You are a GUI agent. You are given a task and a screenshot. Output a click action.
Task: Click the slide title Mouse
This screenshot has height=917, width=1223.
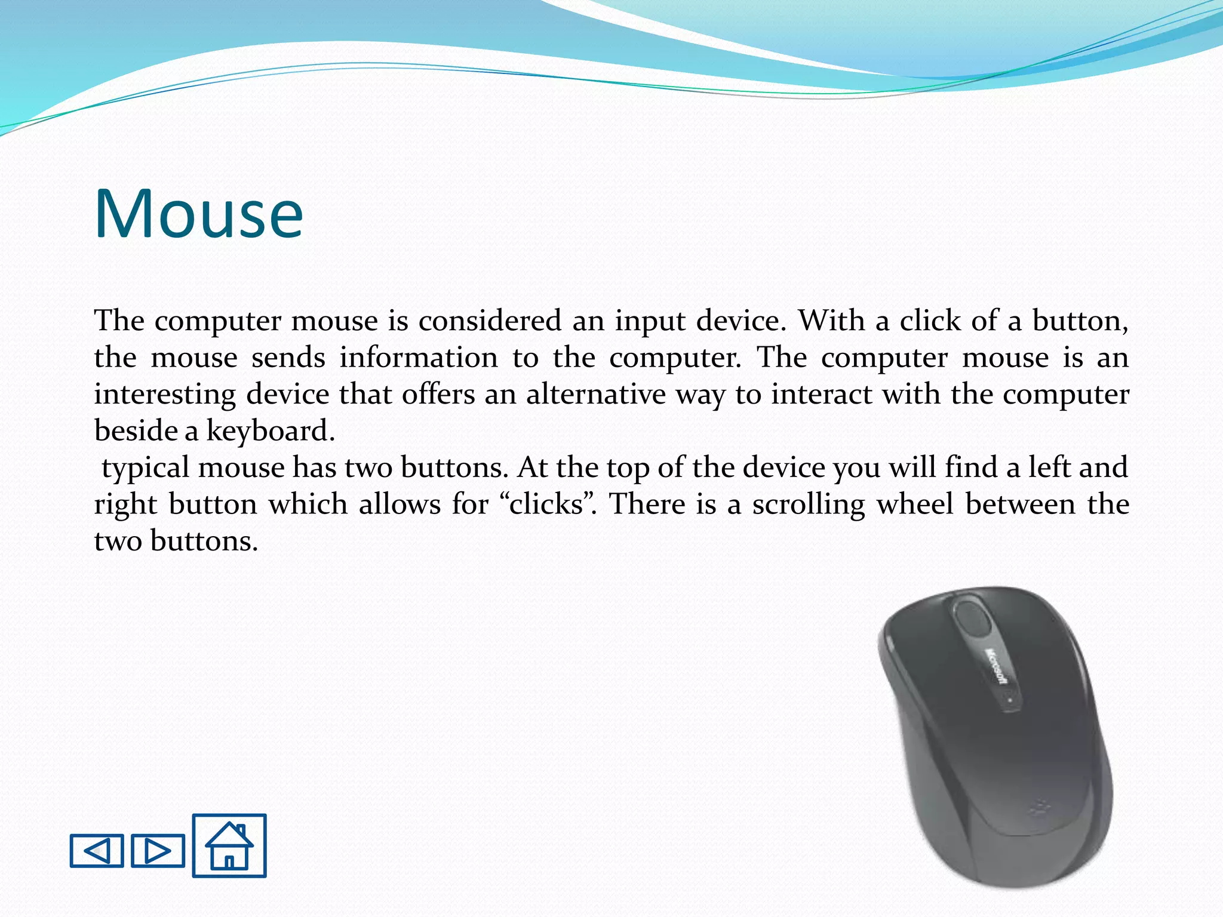[x=199, y=214]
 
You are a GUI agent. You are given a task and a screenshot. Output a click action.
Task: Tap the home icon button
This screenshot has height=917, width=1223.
[x=229, y=845]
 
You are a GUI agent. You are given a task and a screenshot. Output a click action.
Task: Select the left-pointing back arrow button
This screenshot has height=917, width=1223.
[x=97, y=850]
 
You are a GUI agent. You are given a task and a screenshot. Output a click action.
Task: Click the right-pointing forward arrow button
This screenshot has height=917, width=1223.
[x=158, y=850]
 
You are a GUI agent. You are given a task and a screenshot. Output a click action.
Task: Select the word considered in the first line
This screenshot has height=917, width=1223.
[x=490, y=321]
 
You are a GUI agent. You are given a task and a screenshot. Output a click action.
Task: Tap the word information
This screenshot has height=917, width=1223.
[x=419, y=358]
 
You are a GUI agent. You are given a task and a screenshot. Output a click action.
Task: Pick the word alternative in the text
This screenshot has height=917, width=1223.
[x=596, y=394]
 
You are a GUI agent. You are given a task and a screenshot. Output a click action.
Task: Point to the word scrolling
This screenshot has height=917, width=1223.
[x=808, y=505]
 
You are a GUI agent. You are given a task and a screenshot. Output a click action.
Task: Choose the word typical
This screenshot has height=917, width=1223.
[x=146, y=468]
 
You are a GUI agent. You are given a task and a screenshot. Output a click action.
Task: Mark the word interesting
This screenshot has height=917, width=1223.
[x=165, y=395]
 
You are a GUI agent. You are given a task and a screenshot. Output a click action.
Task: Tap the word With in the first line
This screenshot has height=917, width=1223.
[x=832, y=321]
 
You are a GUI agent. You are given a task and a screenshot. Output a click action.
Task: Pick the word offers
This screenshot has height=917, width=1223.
[x=438, y=394]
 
